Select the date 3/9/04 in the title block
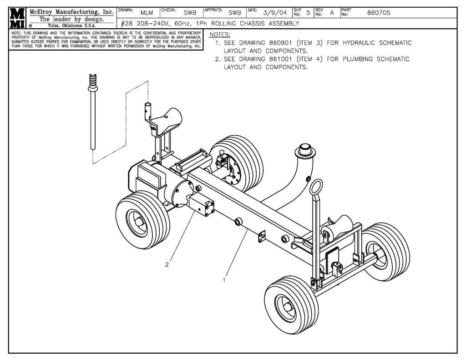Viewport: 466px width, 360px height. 275,13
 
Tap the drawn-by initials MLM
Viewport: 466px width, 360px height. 147,13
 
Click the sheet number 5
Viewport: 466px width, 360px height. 308,13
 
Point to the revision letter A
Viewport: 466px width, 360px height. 332,13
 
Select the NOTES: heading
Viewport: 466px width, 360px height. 219,35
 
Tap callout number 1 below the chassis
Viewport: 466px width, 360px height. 224,280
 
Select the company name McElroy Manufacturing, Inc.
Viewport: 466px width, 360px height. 71,12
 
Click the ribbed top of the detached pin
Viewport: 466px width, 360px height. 93,82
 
